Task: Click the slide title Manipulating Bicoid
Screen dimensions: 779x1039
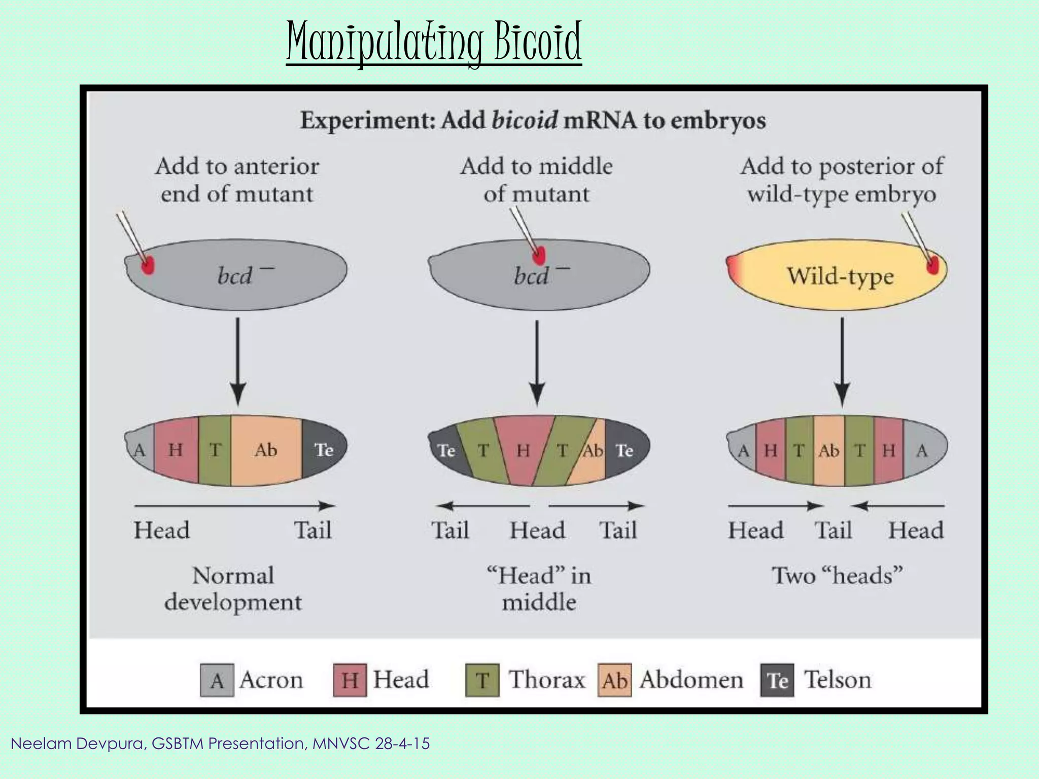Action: tap(434, 43)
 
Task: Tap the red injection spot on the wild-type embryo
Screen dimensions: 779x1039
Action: tap(932, 265)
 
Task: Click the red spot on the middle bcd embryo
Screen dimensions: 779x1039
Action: tap(539, 255)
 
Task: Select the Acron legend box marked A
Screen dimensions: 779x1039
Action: tap(217, 680)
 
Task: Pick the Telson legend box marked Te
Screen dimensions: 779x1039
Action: tap(777, 680)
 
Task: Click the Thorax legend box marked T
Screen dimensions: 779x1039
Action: tap(482, 680)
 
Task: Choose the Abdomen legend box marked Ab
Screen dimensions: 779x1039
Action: tap(614, 680)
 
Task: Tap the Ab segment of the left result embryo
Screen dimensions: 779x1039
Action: tap(266, 450)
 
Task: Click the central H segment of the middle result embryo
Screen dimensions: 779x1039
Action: tap(524, 450)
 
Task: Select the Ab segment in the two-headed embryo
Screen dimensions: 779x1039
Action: tap(829, 450)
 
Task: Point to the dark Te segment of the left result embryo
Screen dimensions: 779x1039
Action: tap(324, 449)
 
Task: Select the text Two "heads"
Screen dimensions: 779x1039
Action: tap(837, 576)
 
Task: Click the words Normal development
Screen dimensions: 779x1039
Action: tap(233, 589)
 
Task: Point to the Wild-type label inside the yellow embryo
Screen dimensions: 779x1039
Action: tap(840, 276)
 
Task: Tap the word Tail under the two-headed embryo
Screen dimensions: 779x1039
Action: tap(833, 530)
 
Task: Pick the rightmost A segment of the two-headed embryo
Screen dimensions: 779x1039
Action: tap(922, 450)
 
